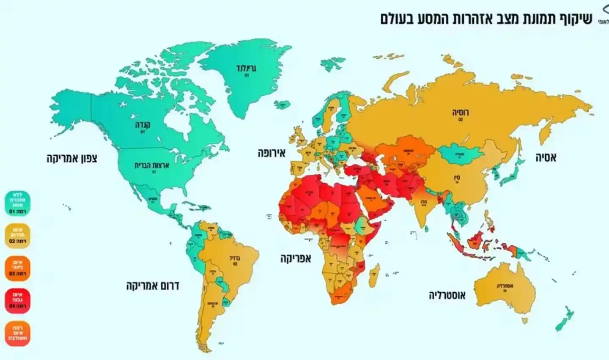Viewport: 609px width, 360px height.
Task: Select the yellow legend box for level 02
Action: tap(18, 235)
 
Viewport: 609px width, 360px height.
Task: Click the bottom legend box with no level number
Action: tap(18, 333)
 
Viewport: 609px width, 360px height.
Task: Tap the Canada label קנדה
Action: tap(143, 125)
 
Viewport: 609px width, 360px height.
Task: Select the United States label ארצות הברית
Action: tap(152, 165)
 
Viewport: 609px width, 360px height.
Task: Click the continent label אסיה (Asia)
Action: tap(546, 158)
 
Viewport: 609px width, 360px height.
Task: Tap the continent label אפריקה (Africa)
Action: tap(295, 258)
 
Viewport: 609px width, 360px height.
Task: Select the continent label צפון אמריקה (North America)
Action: tap(72, 159)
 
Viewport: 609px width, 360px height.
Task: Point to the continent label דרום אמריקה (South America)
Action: tap(153, 286)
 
